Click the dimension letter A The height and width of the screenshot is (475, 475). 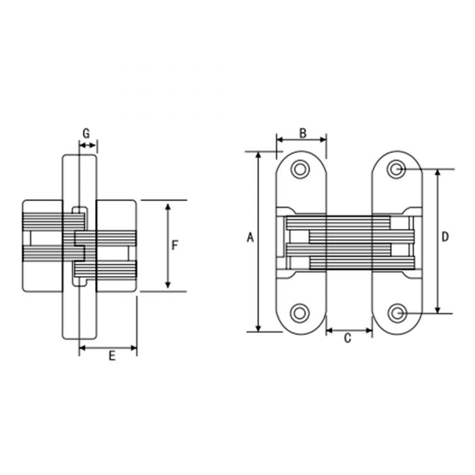pyautogui.click(x=250, y=237)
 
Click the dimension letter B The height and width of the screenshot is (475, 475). pyautogui.click(x=303, y=133)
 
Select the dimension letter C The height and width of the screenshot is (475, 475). pyautogui.click(x=347, y=338)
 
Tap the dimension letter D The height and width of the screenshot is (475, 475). pyautogui.click(x=445, y=237)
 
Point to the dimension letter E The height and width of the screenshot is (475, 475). pyautogui.click(x=112, y=356)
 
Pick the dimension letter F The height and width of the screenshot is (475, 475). pyautogui.click(x=175, y=245)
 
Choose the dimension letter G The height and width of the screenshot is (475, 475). pyautogui.click(x=86, y=133)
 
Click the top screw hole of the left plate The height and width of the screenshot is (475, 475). pyautogui.click(x=300, y=169)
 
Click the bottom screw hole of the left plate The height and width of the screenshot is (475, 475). pyautogui.click(x=300, y=313)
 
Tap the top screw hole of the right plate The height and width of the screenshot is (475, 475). pyautogui.click(x=396, y=169)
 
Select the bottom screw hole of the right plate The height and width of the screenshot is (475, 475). pyautogui.click(x=397, y=313)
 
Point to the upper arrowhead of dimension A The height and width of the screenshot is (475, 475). pyautogui.click(x=258, y=155)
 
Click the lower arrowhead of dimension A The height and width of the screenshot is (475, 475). pyautogui.click(x=258, y=328)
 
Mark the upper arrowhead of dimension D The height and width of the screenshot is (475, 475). pyautogui.click(x=437, y=173)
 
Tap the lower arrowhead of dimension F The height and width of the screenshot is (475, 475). pyautogui.click(x=168, y=285)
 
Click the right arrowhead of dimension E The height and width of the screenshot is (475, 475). pyautogui.click(x=133, y=348)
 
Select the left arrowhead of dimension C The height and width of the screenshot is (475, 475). pyautogui.click(x=330, y=331)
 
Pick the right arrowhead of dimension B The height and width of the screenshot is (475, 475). pyautogui.click(x=323, y=140)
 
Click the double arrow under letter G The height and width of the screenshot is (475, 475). pyautogui.click(x=87, y=145)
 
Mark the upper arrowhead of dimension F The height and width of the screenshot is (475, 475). pyautogui.click(x=168, y=207)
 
